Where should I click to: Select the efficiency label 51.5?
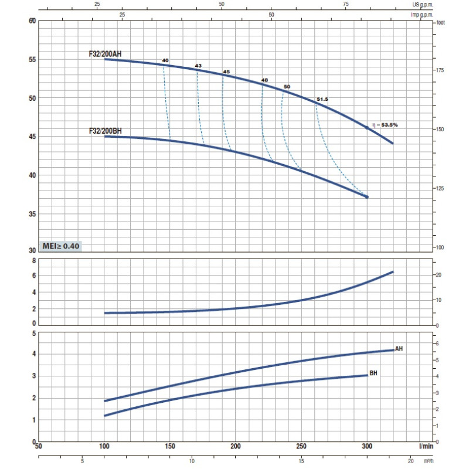coord(322,100)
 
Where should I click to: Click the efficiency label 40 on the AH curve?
coord(165,60)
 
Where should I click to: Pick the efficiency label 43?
coord(198,65)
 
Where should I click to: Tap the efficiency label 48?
coord(264,80)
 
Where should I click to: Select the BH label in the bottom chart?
coord(373,373)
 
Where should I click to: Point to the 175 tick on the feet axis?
coord(440,70)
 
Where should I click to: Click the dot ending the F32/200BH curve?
coord(367,197)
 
